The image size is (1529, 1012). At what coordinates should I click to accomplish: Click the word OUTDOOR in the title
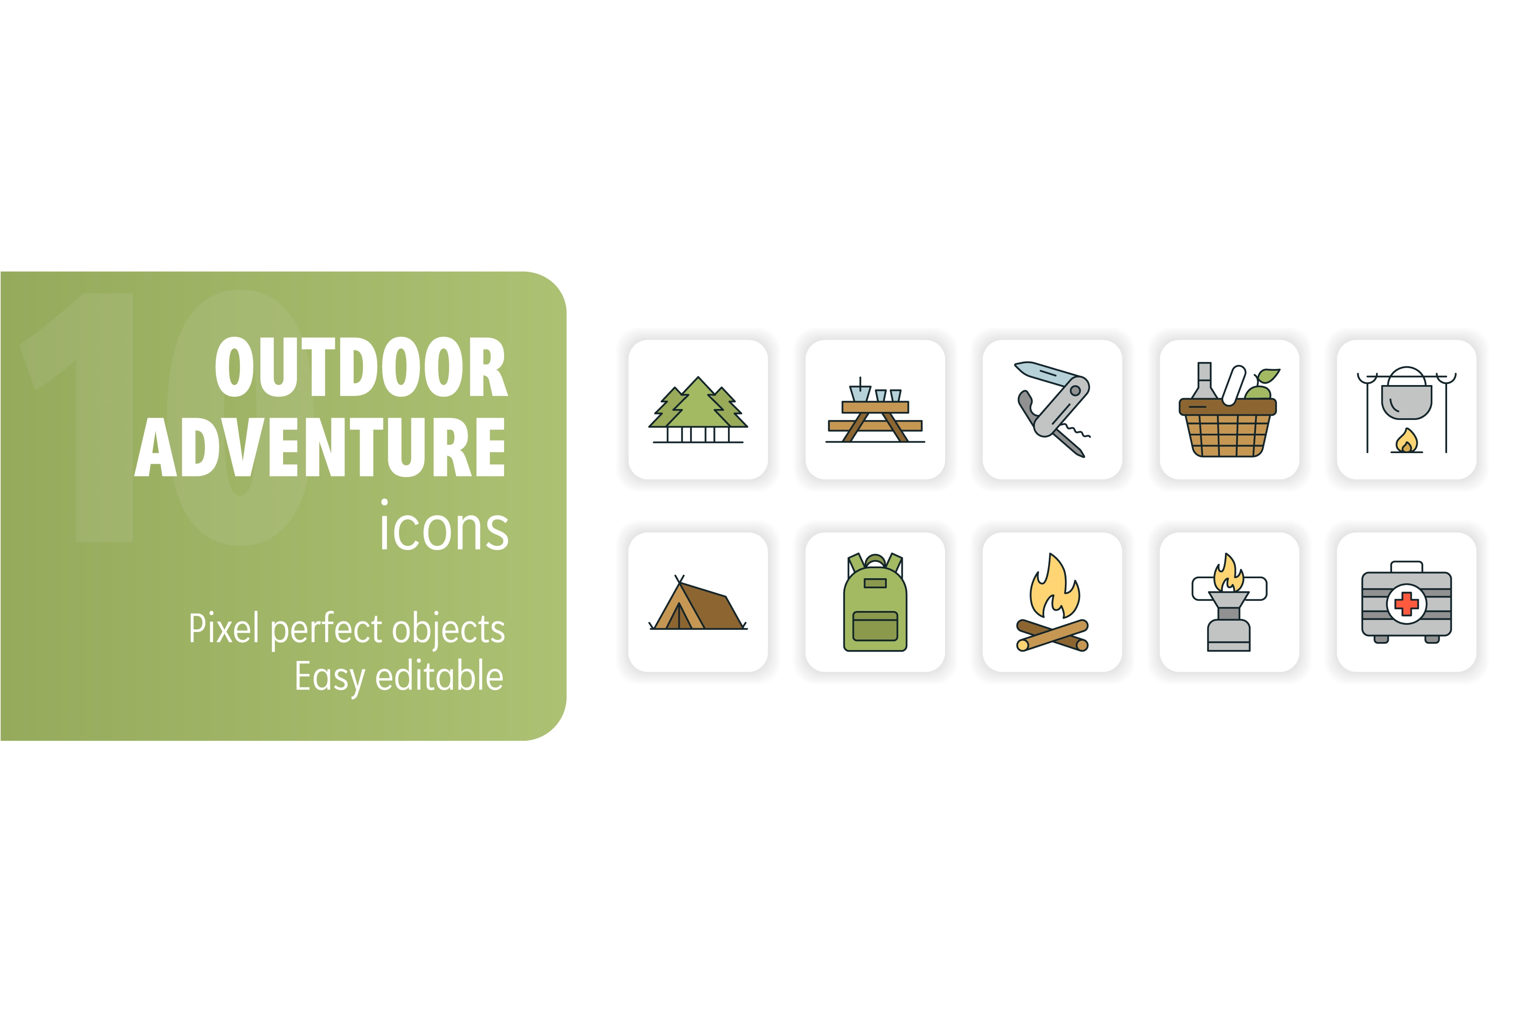click(x=361, y=367)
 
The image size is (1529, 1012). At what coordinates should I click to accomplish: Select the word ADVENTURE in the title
click(x=320, y=447)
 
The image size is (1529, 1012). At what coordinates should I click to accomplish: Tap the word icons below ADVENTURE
click(x=444, y=525)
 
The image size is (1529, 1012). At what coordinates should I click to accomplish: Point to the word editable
click(x=439, y=675)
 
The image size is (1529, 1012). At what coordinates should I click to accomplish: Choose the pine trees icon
click(x=698, y=410)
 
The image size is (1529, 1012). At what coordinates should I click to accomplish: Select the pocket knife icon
click(x=1052, y=409)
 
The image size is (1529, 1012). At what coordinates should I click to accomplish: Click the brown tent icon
click(x=698, y=603)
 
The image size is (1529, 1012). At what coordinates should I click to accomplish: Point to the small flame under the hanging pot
click(x=1406, y=441)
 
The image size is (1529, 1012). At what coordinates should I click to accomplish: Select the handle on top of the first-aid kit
click(x=1406, y=566)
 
